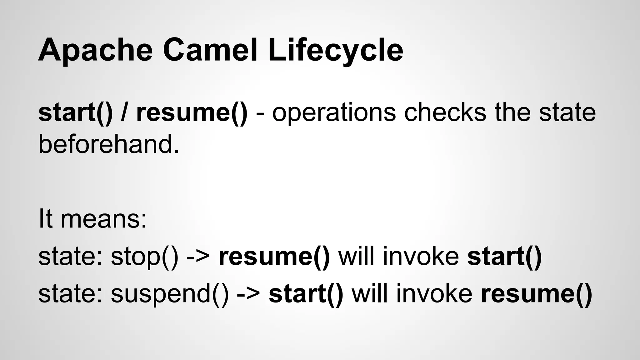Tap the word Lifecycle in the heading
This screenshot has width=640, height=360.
click(x=335, y=50)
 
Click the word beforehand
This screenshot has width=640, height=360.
click(x=109, y=144)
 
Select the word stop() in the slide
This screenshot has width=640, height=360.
click(x=145, y=256)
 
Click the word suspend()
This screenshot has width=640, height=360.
click(x=170, y=294)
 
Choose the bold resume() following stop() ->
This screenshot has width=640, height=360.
click(x=274, y=256)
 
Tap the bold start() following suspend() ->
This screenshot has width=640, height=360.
click(x=306, y=294)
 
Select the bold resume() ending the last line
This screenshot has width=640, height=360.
click(x=537, y=294)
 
